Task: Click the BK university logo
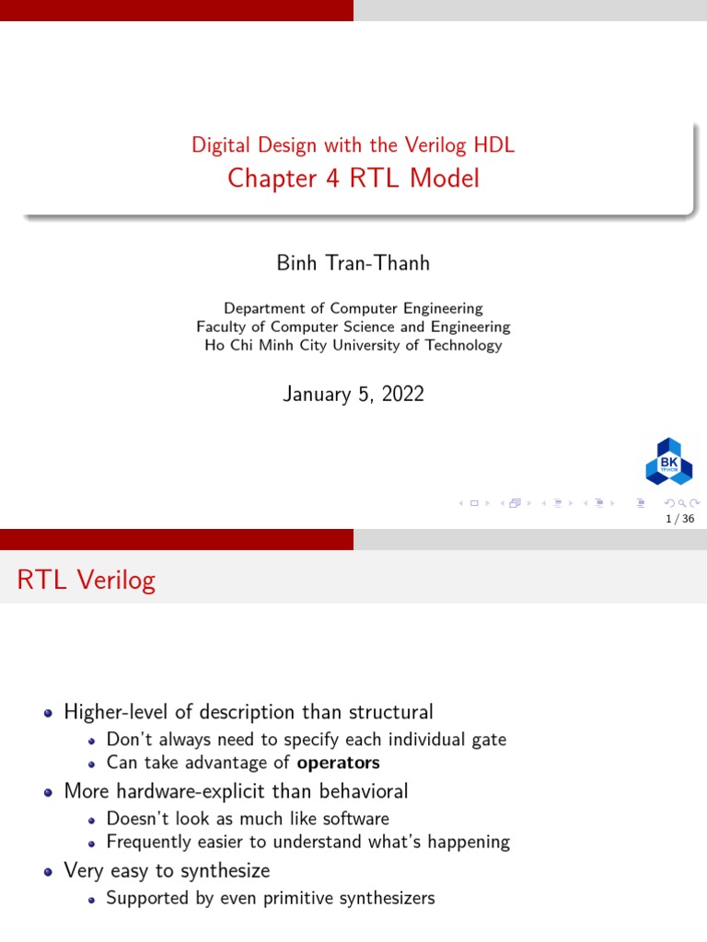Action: pyautogui.click(x=668, y=462)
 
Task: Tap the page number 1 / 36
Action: pyautogui.click(x=680, y=519)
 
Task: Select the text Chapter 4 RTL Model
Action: pyautogui.click(x=353, y=178)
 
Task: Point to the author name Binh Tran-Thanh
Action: pyautogui.click(x=353, y=263)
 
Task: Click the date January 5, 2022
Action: pyautogui.click(x=353, y=394)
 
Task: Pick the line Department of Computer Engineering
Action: pyautogui.click(x=353, y=308)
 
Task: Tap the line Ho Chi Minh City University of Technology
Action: pyautogui.click(x=353, y=346)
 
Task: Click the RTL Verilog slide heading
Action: pyautogui.click(x=87, y=580)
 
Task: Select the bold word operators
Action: pyautogui.click(x=339, y=763)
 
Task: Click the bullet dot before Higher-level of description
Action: pyautogui.click(x=49, y=714)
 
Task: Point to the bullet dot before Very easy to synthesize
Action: pyautogui.click(x=49, y=872)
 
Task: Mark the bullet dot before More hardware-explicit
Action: pyautogui.click(x=49, y=793)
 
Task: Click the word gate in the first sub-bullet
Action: pyautogui.click(x=490, y=741)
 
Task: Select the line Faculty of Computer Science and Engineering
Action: pyautogui.click(x=353, y=327)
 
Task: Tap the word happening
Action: pyautogui.click(x=469, y=843)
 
